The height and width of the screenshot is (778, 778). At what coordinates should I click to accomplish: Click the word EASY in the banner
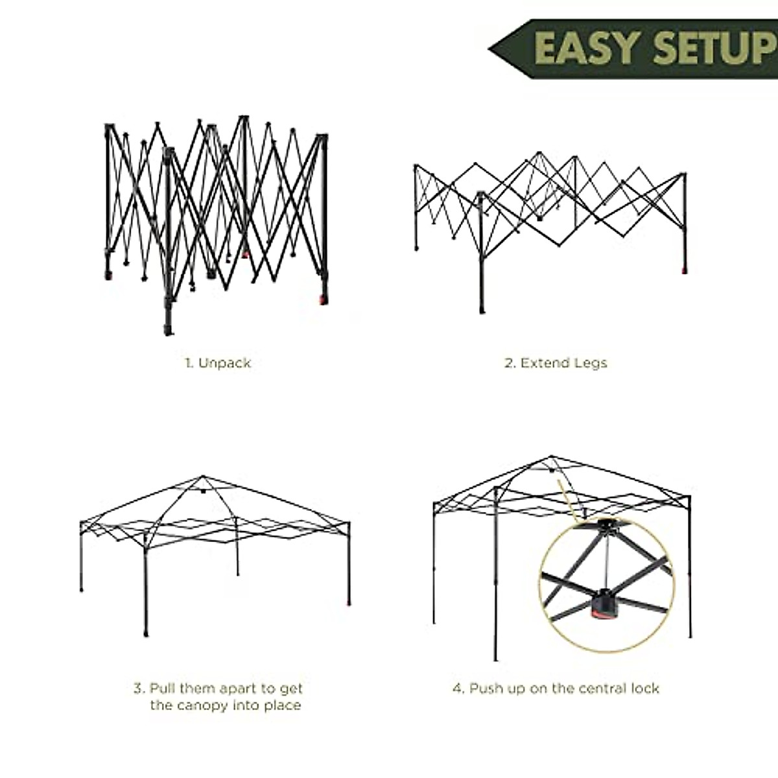click(x=587, y=49)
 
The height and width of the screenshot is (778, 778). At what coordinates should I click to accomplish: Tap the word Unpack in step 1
click(x=224, y=363)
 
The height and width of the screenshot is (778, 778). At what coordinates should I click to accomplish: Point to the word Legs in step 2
click(x=590, y=363)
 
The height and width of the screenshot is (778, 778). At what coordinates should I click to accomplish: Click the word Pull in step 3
click(x=163, y=688)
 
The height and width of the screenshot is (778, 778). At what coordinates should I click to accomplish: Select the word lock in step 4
click(x=644, y=688)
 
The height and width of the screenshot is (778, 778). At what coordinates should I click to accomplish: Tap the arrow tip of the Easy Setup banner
click(x=491, y=49)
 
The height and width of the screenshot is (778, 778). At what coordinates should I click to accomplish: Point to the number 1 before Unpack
click(x=189, y=363)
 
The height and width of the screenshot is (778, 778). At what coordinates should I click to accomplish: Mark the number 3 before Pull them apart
click(x=138, y=688)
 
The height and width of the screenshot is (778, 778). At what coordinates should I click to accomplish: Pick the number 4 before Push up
click(x=458, y=688)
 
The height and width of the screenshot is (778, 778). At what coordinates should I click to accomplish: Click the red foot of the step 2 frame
click(x=684, y=268)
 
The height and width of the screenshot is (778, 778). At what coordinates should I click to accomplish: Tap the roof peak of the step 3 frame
click(x=203, y=478)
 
